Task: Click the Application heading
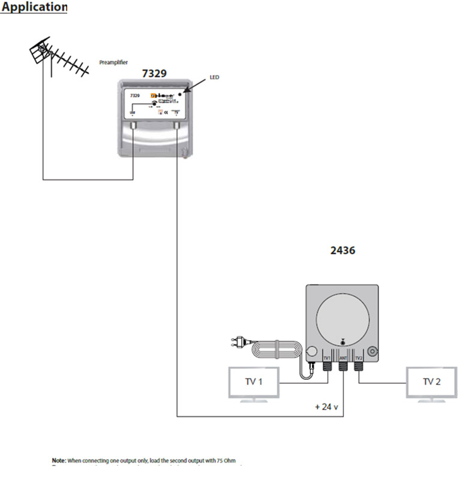tap(34, 7)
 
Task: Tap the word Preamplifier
tap(113, 62)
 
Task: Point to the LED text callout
tap(214, 78)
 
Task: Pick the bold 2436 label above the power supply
tap(343, 250)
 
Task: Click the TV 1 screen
tap(254, 381)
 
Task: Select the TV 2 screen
tap(431, 381)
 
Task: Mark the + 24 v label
tap(327, 407)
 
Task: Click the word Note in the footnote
tap(58, 460)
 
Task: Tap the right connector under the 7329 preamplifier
tap(177, 127)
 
